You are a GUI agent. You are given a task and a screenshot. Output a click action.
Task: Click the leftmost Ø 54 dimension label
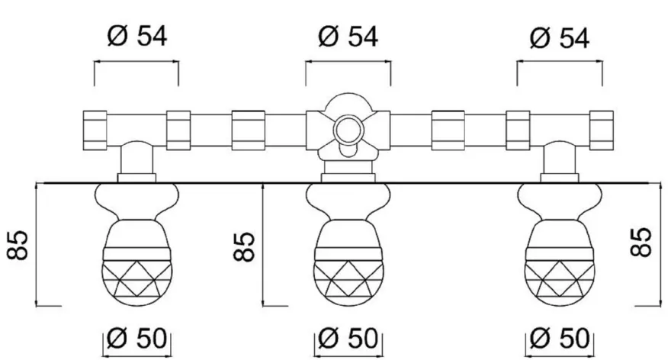coord(137,36)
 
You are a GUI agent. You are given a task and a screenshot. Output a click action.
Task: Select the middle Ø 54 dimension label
coord(348,36)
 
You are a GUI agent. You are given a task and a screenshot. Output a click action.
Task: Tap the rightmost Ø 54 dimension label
coord(560,37)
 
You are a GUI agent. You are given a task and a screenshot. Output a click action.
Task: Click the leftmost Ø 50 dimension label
coord(136,338)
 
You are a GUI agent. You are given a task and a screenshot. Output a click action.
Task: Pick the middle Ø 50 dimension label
coord(348,338)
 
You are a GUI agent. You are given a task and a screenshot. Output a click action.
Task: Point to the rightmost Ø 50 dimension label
coord(560,338)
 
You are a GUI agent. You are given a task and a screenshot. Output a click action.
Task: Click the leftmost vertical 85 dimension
coord(18,246)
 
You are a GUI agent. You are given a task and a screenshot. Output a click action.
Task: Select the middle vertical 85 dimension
coord(245,246)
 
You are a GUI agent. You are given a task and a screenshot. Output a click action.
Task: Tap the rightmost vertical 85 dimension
coord(641,243)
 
